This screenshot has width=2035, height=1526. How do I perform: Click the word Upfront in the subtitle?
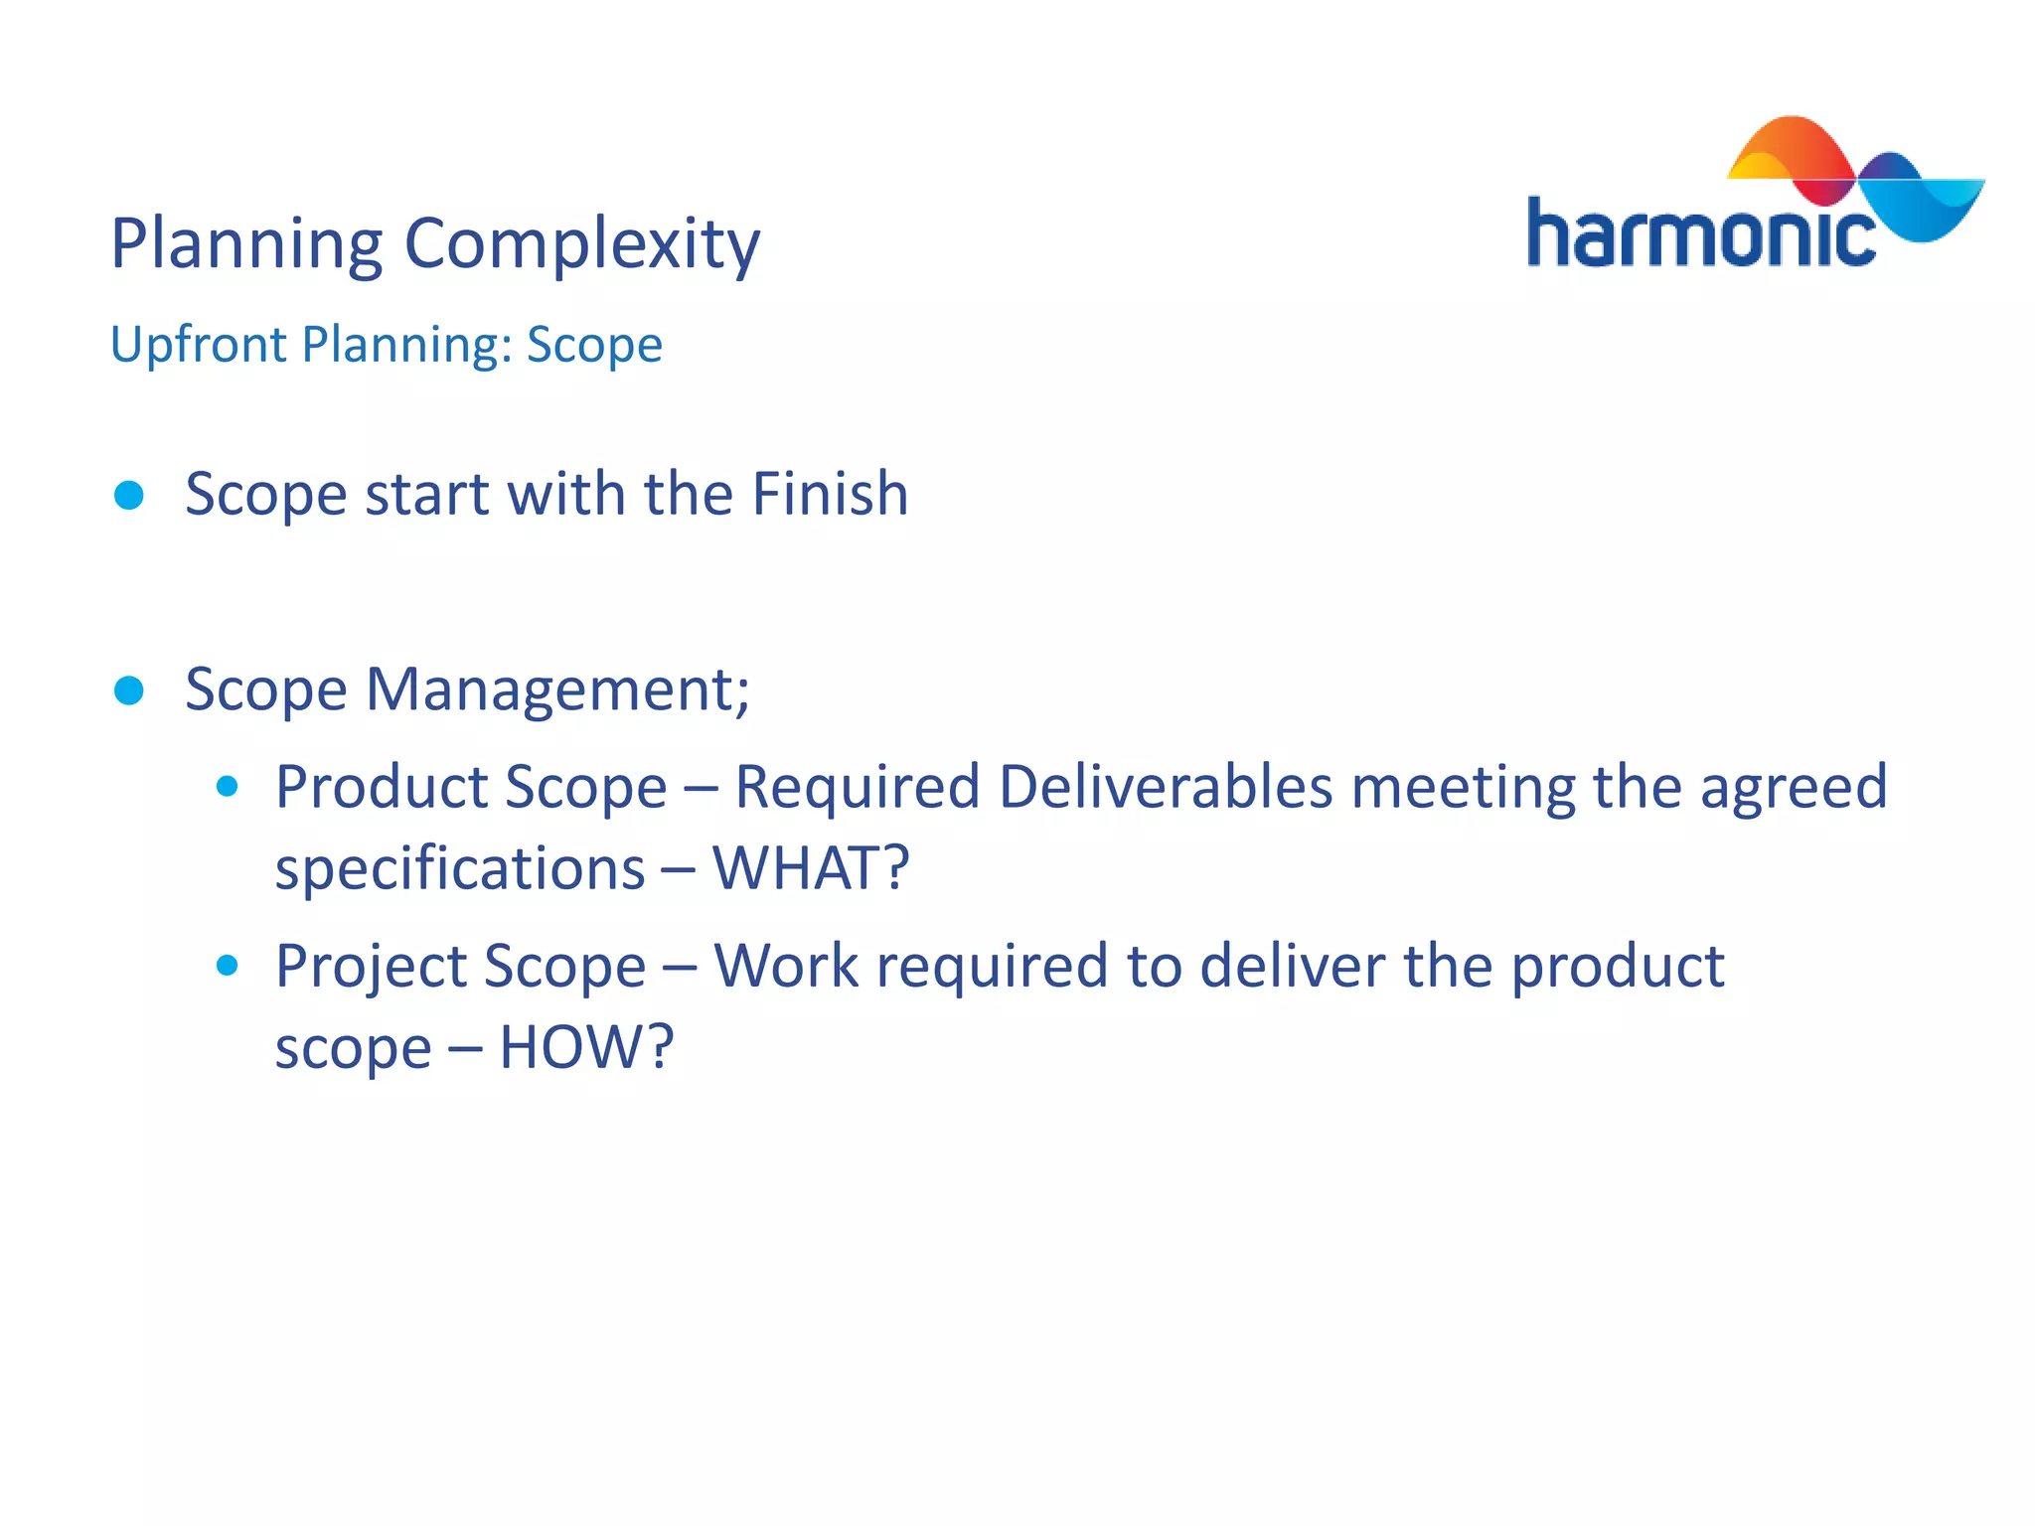(198, 346)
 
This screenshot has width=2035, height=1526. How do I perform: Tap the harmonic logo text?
(1699, 234)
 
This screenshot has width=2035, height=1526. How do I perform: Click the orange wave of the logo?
(1789, 149)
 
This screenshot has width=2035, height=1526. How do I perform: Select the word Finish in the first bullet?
(830, 494)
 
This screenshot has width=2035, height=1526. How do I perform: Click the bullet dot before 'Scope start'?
(129, 495)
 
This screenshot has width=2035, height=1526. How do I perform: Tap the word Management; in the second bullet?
(557, 689)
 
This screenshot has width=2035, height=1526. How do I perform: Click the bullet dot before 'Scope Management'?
(129, 690)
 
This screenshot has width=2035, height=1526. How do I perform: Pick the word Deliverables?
(1165, 787)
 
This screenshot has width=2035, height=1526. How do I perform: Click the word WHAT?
(810, 868)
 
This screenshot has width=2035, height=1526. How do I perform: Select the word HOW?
(586, 1047)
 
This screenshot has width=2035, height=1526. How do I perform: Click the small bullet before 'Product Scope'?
(228, 787)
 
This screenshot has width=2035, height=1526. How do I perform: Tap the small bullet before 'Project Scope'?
(228, 966)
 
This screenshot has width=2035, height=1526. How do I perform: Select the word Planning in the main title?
(246, 244)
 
